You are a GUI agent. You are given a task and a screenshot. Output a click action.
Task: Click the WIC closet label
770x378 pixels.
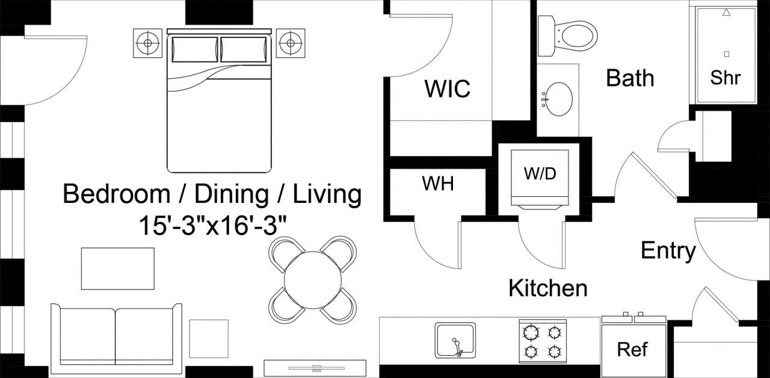[447, 89]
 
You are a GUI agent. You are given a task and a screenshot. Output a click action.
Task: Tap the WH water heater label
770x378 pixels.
[437, 184]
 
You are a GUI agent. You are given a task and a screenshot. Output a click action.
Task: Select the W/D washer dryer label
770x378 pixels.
[540, 174]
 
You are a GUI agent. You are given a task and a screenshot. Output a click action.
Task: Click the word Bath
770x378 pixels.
[630, 78]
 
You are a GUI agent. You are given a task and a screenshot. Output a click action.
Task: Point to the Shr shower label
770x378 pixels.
[725, 78]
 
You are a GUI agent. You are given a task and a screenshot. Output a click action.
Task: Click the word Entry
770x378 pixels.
[668, 250]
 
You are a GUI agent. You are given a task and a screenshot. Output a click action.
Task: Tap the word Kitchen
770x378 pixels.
[547, 288]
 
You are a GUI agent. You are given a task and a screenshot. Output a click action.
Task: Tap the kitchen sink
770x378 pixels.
[455, 340]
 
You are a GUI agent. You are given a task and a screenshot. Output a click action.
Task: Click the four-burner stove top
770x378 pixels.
[543, 341]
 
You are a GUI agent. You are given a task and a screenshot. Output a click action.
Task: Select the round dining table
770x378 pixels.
[312, 279]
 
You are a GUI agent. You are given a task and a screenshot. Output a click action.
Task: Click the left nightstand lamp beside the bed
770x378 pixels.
[146, 43]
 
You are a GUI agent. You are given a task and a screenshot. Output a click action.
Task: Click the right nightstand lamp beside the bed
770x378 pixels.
[291, 43]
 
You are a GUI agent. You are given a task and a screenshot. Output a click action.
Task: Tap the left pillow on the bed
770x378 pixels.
[195, 49]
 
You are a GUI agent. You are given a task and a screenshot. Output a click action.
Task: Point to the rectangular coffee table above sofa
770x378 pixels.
[117, 268]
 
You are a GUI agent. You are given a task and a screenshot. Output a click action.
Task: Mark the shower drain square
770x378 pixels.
[726, 54]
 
